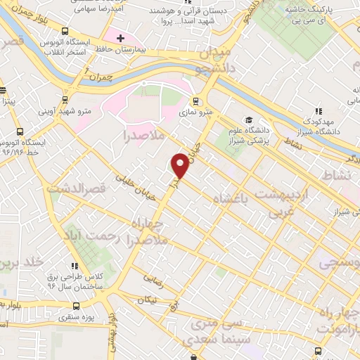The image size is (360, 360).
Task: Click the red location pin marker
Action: click(x=181, y=165)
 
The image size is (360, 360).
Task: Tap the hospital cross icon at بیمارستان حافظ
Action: click(x=120, y=37)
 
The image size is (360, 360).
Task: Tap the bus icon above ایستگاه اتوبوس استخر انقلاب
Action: click(x=65, y=32)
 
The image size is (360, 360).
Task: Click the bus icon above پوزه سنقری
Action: click(x=77, y=306)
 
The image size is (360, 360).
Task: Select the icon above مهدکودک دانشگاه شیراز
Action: click(x=319, y=110)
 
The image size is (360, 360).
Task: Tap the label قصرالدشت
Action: click(x=75, y=188)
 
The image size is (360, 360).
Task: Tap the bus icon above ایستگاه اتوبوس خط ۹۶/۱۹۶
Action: click(x=19, y=131)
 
